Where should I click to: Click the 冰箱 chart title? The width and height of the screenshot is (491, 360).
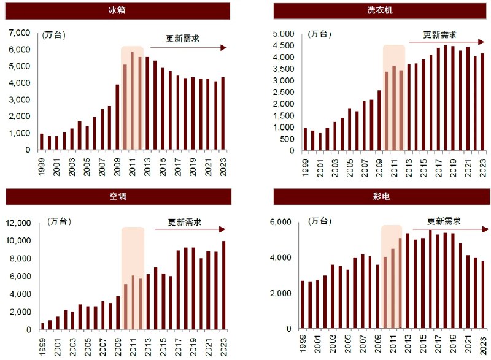point(118,10)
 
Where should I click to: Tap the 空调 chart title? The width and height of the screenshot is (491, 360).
point(118,196)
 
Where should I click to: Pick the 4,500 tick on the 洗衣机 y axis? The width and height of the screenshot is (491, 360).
point(284,45)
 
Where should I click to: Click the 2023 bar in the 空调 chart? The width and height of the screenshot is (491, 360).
point(223,285)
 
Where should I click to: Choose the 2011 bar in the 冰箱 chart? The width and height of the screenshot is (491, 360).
point(133,101)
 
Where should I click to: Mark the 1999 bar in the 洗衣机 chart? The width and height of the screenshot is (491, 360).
point(306,139)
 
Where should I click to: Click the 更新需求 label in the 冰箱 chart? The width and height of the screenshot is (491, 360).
point(183,39)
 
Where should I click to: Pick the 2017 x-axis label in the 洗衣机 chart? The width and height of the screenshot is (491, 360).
point(438,167)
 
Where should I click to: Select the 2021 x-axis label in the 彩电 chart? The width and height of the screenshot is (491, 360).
point(467,347)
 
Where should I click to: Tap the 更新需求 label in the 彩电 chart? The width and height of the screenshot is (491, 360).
point(444,221)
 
